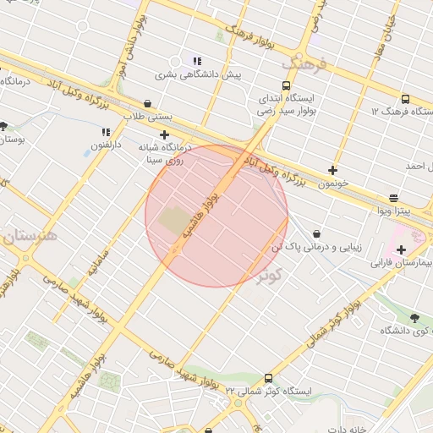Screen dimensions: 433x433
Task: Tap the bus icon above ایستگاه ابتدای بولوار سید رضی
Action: pos(286,85)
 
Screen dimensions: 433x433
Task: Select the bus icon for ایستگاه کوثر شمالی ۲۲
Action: pos(269,379)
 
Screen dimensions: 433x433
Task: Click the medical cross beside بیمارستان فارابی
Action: pos(401,249)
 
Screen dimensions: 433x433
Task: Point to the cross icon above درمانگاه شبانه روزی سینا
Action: pos(164,134)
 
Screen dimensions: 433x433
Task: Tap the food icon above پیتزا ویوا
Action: pos(393,197)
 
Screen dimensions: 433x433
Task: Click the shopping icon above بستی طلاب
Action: pos(148,104)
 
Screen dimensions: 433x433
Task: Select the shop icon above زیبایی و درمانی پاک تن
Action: pos(316,233)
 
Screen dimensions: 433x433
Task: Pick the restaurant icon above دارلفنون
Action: pos(106,132)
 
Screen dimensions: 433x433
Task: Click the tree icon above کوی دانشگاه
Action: pos(414,318)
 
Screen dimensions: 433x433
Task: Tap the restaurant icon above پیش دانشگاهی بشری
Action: pos(197,61)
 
